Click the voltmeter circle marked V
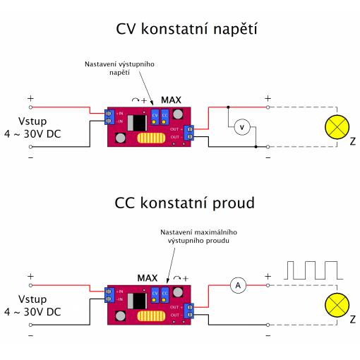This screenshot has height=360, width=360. point(242,127)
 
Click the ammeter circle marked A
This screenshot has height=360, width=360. point(238,285)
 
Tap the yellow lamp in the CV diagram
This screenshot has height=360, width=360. point(337,127)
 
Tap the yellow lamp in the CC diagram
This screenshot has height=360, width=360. point(337,305)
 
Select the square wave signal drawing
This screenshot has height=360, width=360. point(313,270)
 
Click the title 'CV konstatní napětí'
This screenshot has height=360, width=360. point(186,29)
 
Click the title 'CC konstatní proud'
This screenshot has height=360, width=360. point(185,203)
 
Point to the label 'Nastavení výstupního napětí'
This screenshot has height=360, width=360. point(119,68)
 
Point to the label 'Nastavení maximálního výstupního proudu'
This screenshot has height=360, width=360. point(198,236)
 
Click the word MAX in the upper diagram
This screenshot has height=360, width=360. point(171,100)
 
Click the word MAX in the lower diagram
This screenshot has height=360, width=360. point(148,278)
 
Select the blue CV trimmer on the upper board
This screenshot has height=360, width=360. point(155,117)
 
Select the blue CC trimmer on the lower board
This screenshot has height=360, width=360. point(164,295)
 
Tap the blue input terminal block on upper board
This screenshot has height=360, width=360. point(109,117)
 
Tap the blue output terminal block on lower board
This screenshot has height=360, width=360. point(189,311)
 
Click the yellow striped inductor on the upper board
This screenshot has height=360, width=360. point(151,138)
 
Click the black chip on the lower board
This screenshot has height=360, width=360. point(137,301)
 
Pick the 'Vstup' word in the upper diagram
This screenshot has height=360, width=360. point(32,121)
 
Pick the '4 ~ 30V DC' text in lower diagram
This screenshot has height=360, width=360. point(32,312)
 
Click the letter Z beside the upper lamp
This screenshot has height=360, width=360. point(352,141)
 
